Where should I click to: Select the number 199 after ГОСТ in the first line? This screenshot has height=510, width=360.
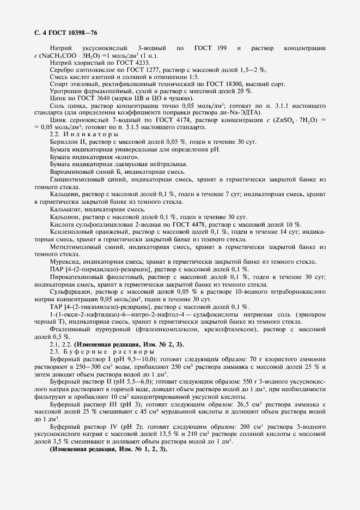tap(222, 48)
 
